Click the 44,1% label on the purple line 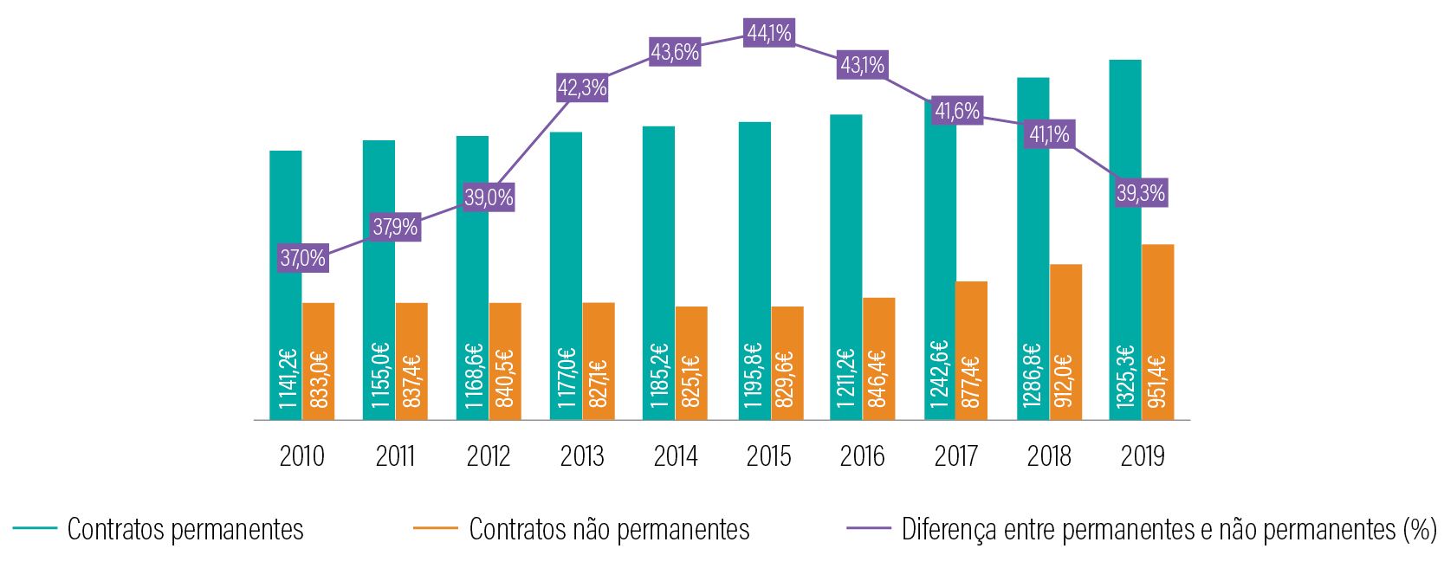tap(769, 34)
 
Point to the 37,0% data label tap(302, 258)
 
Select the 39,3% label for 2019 tap(1141, 193)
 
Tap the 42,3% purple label tap(582, 88)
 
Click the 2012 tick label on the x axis tap(489, 456)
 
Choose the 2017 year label tap(955, 456)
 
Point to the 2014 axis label tap(676, 456)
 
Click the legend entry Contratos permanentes tap(185, 529)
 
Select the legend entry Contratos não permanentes tap(609, 529)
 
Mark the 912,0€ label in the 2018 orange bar tap(1065, 380)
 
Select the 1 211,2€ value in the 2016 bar tap(846, 378)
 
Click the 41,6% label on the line tap(957, 111)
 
